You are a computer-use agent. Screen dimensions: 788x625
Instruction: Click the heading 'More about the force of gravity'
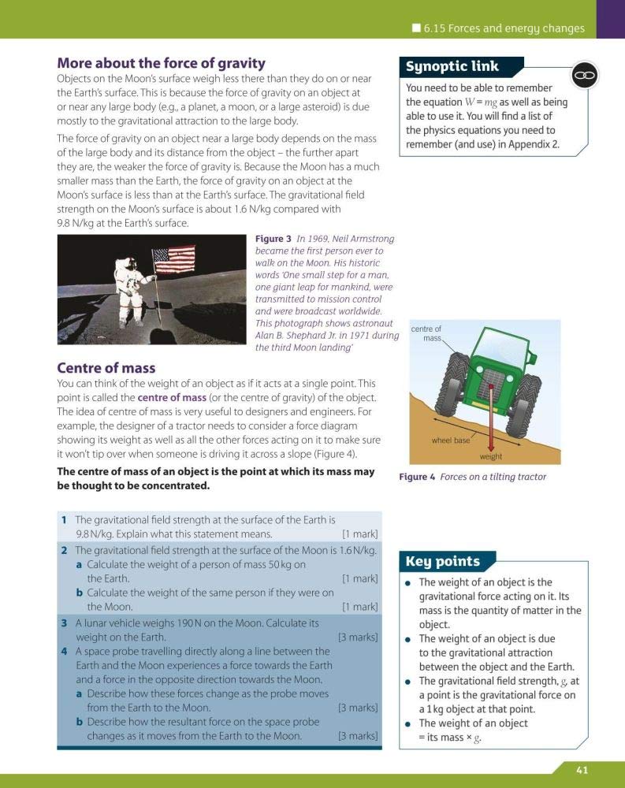[x=161, y=63]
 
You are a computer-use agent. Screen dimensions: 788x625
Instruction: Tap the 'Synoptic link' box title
[x=452, y=67]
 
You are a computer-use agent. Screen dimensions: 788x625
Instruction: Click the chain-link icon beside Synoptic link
[x=585, y=75]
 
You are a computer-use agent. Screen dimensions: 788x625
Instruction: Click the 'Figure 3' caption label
[x=273, y=239]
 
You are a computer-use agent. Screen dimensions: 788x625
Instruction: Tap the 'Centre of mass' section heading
[x=106, y=368]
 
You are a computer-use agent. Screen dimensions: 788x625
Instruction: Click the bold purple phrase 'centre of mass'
[x=171, y=397]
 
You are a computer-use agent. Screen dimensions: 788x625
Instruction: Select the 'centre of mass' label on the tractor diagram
[x=426, y=333]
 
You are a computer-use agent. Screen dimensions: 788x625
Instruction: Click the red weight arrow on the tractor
[x=489, y=418]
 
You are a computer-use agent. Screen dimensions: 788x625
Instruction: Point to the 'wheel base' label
[x=450, y=440]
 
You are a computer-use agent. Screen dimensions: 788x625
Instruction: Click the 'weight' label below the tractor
[x=490, y=457]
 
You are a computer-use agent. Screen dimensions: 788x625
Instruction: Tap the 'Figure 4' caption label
[x=417, y=477]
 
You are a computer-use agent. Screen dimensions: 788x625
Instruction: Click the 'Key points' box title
[x=442, y=561]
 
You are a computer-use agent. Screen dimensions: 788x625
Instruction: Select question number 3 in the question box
[x=64, y=623]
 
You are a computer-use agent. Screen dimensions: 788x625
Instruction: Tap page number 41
[x=582, y=770]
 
